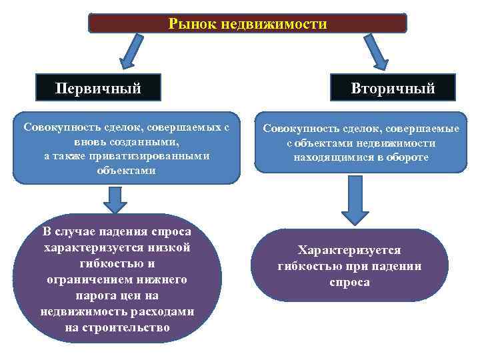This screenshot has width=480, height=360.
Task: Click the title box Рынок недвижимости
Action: point(247,24)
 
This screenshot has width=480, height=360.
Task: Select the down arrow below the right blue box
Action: point(355,200)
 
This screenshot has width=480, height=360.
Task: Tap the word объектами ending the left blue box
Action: point(125,170)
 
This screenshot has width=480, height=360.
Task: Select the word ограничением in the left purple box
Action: point(85,279)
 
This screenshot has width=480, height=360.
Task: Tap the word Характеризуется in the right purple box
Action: point(349,250)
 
